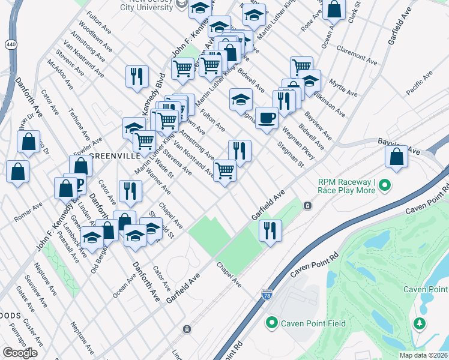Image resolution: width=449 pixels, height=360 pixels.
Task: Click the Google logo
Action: click(x=20, y=353)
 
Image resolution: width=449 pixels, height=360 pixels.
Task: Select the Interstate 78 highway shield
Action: click(x=267, y=295)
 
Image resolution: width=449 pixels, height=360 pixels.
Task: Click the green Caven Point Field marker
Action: click(x=271, y=323)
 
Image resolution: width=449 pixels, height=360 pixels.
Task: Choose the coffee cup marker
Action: click(x=267, y=117)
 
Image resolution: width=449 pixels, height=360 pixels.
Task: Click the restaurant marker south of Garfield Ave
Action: click(x=270, y=230)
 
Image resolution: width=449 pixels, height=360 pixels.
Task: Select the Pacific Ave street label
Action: click(x=419, y=83)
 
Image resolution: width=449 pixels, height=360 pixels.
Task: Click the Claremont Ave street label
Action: click(x=357, y=55)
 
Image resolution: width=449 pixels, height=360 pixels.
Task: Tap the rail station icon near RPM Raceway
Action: click(x=307, y=205)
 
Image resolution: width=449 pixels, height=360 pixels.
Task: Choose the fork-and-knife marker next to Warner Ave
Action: click(x=130, y=191)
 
